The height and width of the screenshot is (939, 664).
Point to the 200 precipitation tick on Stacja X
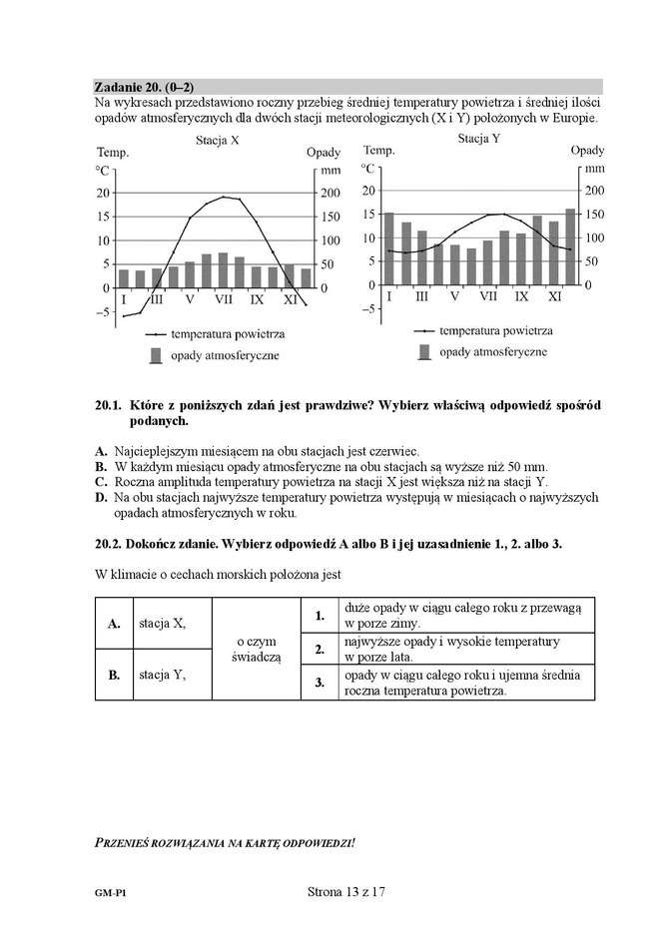pos(328,194)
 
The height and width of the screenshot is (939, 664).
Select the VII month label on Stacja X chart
pos(224,298)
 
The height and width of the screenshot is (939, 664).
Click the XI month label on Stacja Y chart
pos(554,296)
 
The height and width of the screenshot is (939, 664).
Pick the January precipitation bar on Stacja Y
pos(389,248)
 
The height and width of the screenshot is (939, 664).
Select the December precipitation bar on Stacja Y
pos(570,246)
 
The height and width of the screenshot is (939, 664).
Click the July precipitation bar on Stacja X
pos(224,270)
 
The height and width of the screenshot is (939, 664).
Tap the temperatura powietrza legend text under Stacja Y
pos(495,330)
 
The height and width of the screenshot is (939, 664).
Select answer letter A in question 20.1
pos(100,451)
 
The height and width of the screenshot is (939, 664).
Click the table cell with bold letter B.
pos(114,675)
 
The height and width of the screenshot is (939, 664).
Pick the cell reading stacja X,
pos(162,624)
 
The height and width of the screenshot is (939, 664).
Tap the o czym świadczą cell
pos(257,649)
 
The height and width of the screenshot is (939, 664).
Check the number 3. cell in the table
pos(320,683)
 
